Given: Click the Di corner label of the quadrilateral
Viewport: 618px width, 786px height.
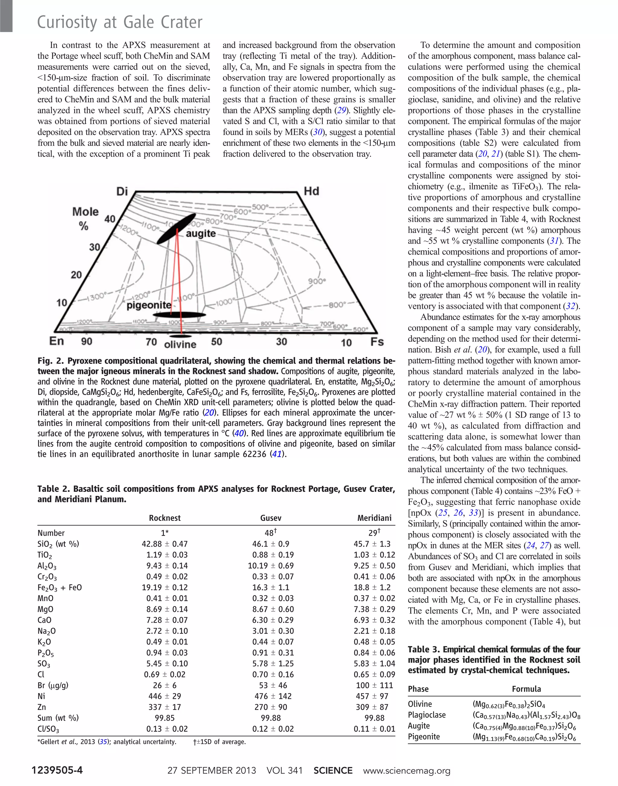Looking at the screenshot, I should point(122,191).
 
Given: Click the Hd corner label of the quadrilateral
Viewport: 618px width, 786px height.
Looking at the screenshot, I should point(311,191).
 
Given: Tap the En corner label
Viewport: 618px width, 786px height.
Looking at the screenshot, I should point(56,341).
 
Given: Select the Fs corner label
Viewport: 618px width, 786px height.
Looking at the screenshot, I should point(377,342).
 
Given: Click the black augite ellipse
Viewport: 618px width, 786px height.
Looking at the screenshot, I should point(176,229).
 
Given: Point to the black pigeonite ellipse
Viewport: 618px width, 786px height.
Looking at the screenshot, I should point(179,315).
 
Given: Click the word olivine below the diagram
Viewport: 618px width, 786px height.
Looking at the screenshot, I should point(180,344).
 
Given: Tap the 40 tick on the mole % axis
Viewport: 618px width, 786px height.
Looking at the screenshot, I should point(110,219).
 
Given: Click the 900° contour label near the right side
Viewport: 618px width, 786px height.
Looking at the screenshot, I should point(317,281).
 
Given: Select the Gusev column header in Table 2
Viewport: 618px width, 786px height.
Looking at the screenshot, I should point(271,518).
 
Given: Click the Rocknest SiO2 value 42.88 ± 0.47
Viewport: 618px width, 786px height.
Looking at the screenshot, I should point(165,544).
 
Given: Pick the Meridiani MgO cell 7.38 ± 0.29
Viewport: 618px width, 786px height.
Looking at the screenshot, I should point(374,609).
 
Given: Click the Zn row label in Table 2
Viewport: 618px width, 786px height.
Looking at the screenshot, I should point(42,707).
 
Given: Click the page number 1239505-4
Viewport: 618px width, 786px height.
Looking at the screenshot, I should point(57,770).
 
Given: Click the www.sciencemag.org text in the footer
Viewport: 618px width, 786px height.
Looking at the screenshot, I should point(407,770).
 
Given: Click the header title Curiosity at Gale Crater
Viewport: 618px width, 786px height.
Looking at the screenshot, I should point(120,22).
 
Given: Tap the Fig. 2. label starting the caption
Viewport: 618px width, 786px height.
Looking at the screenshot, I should point(51,361).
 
